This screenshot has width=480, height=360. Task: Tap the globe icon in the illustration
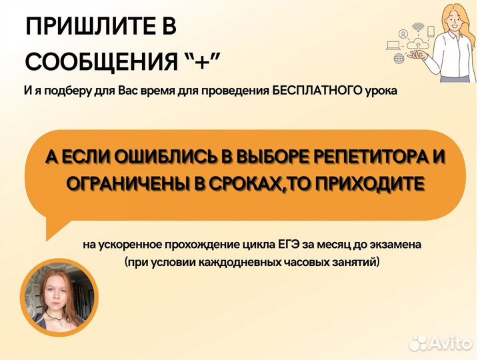click(399, 59)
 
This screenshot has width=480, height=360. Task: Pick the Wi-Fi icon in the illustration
click(418, 27)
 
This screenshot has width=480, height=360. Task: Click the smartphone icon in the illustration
click(431, 31)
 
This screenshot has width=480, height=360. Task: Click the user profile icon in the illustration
click(404, 33)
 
